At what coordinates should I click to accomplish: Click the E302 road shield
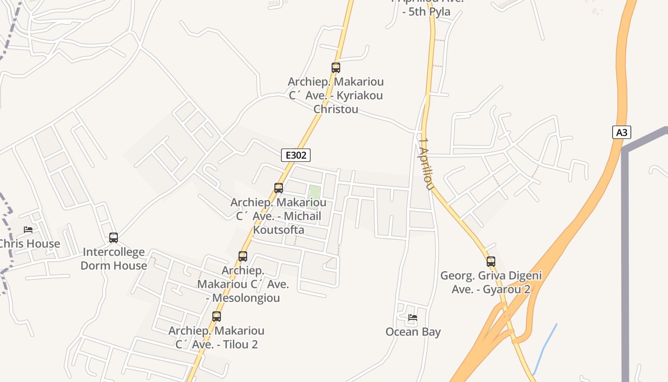296,155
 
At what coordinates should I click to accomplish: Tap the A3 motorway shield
621,132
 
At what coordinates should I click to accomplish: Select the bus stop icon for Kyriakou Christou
335,68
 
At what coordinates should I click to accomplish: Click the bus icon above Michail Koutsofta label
279,188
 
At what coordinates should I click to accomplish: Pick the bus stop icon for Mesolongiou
243,256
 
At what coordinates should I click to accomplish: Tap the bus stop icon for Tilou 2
217,316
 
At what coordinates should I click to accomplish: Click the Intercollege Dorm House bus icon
114,237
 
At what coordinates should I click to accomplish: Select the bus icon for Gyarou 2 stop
491,262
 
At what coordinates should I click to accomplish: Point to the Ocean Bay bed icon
413,317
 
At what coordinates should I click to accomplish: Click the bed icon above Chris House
28,230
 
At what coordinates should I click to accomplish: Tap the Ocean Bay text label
413,332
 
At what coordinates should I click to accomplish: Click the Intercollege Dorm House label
114,259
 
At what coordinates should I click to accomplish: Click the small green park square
313,197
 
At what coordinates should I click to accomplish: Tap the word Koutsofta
279,230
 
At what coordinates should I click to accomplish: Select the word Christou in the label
335,109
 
